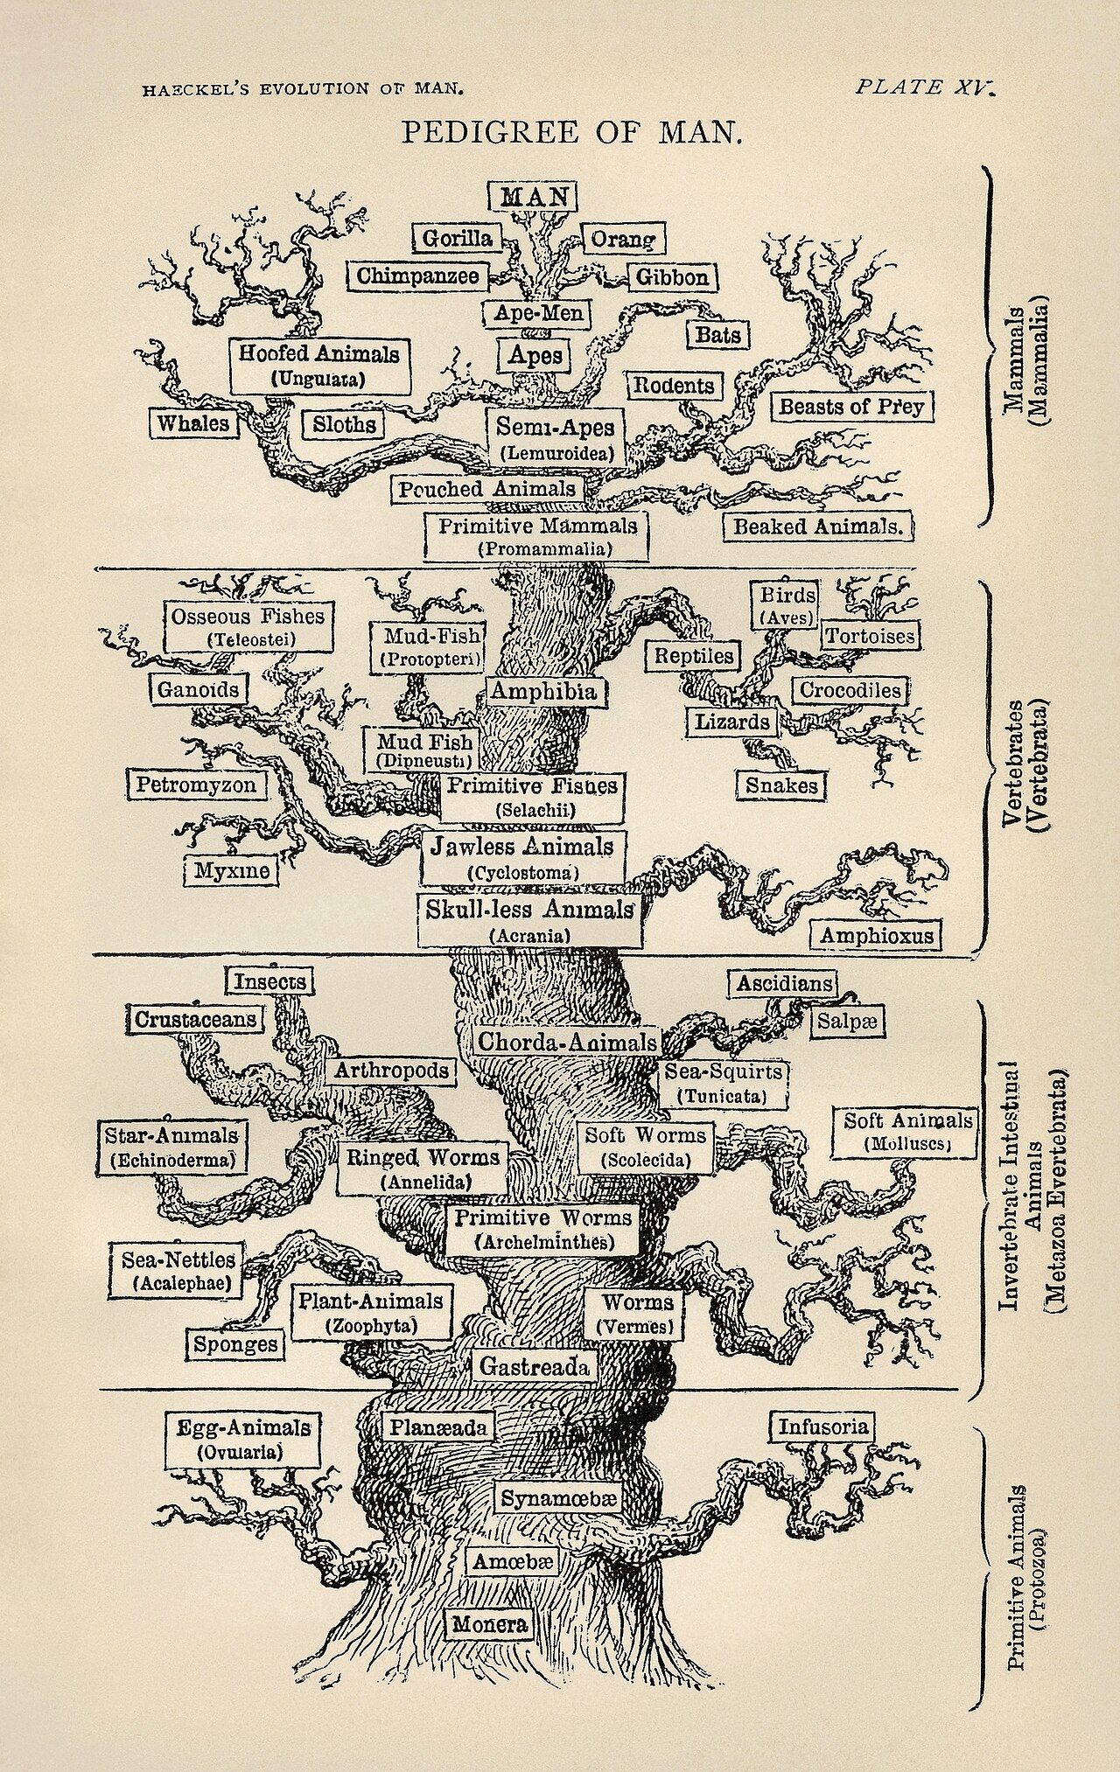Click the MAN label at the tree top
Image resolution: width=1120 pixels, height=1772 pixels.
point(533,195)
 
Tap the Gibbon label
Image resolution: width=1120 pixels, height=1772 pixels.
point(672,277)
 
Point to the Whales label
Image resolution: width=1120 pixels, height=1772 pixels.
point(192,423)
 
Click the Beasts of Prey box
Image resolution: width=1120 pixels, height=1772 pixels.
point(851,407)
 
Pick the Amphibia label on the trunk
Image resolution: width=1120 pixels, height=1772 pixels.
point(542,692)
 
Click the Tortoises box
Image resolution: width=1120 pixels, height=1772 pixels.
point(870,636)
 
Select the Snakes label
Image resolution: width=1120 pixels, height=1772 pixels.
point(781,785)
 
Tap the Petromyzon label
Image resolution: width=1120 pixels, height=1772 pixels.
point(196,785)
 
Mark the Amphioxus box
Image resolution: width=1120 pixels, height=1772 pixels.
point(877,936)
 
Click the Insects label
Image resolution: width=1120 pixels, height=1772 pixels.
point(269,981)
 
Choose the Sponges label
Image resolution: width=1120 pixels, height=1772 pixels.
point(235,1344)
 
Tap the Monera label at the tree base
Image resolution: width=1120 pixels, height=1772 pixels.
point(489,1624)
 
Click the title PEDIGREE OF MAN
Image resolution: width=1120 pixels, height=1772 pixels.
point(571,133)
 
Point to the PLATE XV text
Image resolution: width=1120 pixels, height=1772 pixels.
point(924,87)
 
